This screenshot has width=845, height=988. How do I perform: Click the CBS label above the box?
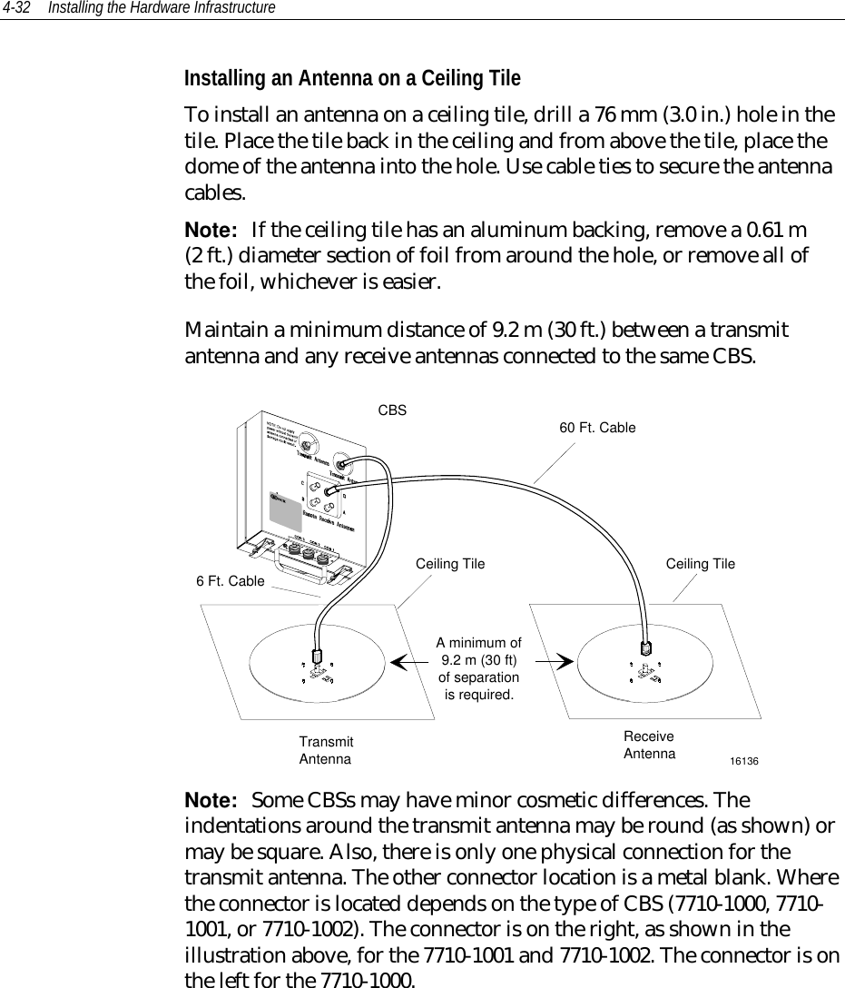pyautogui.click(x=391, y=410)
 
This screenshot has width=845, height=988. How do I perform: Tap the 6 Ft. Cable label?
pyautogui.click(x=231, y=580)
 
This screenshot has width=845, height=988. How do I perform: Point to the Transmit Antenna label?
pyautogui.click(x=326, y=750)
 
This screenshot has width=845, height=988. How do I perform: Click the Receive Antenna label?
pyautogui.click(x=649, y=746)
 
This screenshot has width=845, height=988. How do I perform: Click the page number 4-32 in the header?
pyautogui.click(x=17, y=8)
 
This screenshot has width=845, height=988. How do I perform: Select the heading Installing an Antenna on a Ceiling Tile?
pyautogui.click(x=352, y=78)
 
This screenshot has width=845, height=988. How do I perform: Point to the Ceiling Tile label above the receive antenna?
pyautogui.click(x=701, y=564)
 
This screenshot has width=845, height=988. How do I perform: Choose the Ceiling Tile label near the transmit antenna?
pyautogui.click(x=450, y=564)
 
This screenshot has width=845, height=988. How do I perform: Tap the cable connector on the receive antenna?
pyautogui.click(x=644, y=648)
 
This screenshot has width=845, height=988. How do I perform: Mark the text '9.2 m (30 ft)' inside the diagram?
pyautogui.click(x=479, y=661)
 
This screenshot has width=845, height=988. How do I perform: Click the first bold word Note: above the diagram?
pyautogui.click(x=211, y=225)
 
